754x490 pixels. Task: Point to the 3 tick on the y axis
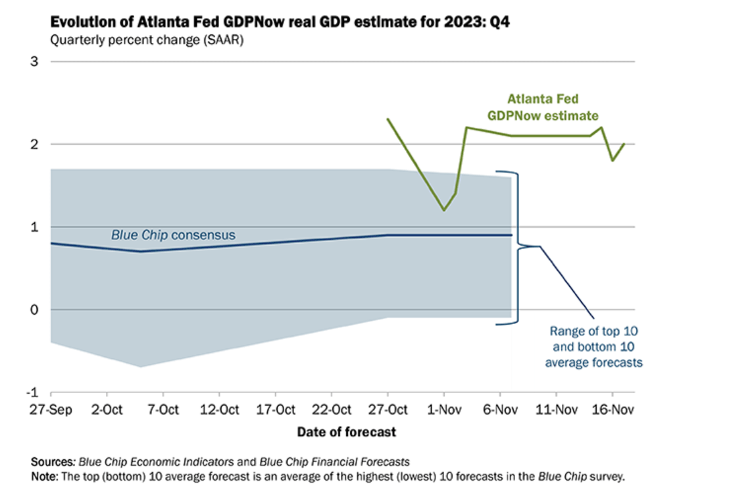pyautogui.click(x=35, y=62)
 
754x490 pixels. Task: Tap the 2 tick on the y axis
pyautogui.click(x=35, y=144)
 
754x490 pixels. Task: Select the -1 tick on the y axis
pyautogui.click(x=32, y=393)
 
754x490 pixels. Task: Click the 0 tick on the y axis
pyautogui.click(x=35, y=310)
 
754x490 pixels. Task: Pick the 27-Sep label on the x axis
pyautogui.click(x=51, y=410)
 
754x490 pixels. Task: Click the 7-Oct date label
pyautogui.click(x=163, y=410)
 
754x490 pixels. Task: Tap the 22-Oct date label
pyautogui.click(x=331, y=410)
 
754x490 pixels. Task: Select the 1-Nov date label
pyautogui.click(x=444, y=410)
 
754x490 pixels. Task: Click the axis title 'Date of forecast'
pyautogui.click(x=347, y=432)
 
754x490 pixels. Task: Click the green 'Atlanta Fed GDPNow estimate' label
pyautogui.click(x=543, y=107)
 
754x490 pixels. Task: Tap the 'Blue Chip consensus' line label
pyautogui.click(x=173, y=234)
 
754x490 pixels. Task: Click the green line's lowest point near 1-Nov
pyautogui.click(x=444, y=210)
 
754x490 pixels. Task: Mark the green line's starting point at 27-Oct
pyautogui.click(x=388, y=119)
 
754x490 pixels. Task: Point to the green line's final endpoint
pyautogui.click(x=624, y=144)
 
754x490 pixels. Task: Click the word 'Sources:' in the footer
pyautogui.click(x=53, y=461)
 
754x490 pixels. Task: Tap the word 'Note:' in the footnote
pyautogui.click(x=45, y=475)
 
